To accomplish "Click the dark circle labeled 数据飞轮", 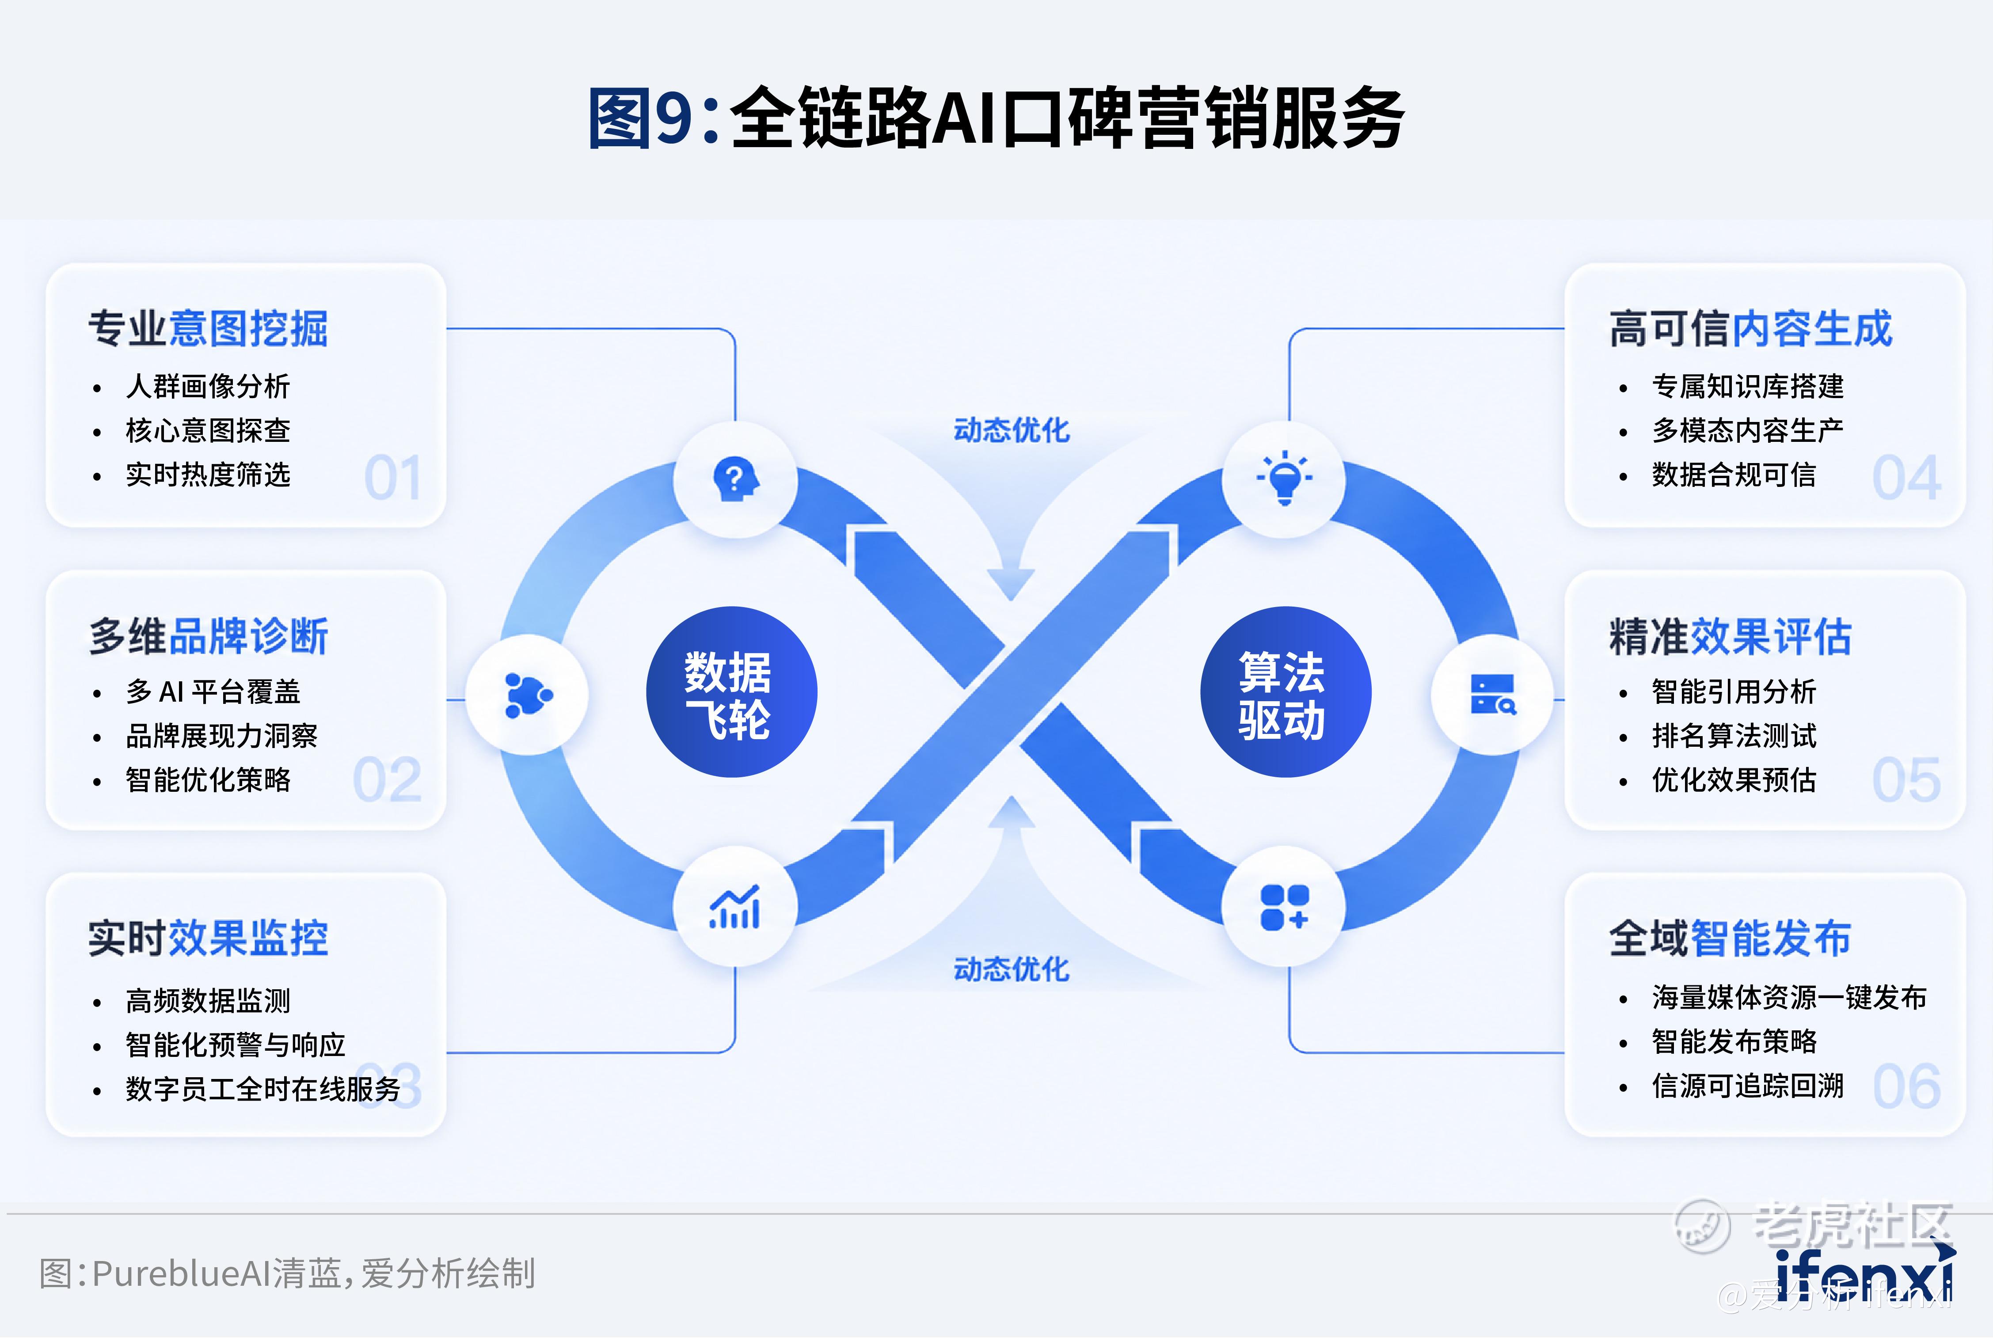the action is (x=731, y=692).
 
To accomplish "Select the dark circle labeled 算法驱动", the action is (x=1286, y=692).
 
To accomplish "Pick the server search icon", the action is (x=1493, y=694).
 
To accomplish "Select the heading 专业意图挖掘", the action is (x=208, y=329).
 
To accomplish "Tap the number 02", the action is (x=388, y=780).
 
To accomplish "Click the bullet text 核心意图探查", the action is (x=208, y=430).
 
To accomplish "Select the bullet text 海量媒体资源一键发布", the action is (x=1789, y=997).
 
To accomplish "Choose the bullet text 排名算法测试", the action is (x=1734, y=736).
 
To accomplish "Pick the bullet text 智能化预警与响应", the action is (x=235, y=1044).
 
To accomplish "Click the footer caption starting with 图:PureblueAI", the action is (x=287, y=1273).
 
